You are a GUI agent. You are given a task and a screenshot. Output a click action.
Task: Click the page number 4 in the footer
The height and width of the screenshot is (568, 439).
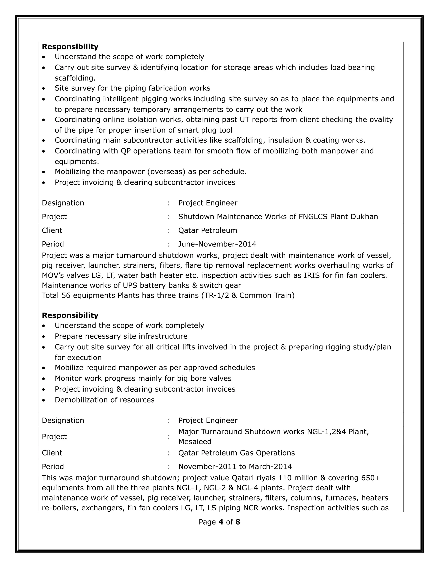pyautogui.click(x=221, y=522)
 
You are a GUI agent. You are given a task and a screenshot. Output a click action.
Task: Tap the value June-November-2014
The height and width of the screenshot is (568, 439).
pyautogui.click(x=217, y=244)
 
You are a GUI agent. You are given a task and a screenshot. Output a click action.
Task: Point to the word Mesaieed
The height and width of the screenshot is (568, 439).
pyautogui.click(x=195, y=442)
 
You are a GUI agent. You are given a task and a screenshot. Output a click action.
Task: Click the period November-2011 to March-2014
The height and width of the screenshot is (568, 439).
pyautogui.click(x=235, y=467)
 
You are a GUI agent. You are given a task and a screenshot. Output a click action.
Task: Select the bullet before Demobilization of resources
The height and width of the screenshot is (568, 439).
pyautogui.click(x=44, y=400)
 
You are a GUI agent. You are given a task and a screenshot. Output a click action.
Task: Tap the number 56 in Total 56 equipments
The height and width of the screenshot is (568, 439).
pyautogui.click(x=66, y=295)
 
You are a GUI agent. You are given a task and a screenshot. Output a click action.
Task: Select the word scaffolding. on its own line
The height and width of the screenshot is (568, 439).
pyautogui.click(x=75, y=78)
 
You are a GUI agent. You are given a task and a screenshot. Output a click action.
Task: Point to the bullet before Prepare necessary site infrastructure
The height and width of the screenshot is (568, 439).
pyautogui.click(x=44, y=337)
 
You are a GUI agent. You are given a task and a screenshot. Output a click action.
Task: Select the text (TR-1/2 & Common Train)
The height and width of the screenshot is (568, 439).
pyautogui.click(x=248, y=295)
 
